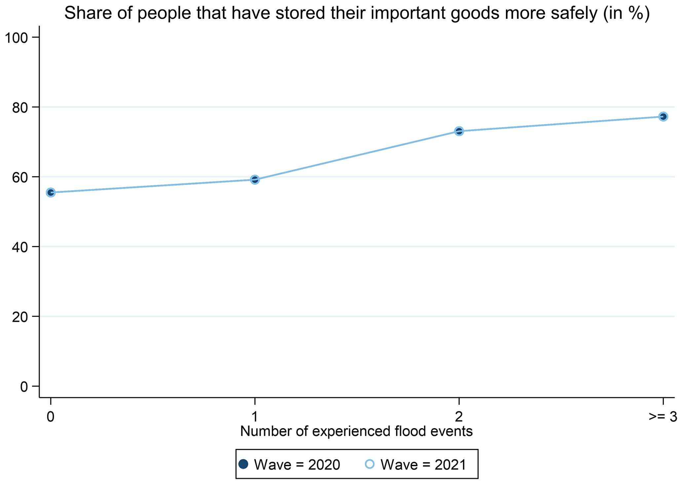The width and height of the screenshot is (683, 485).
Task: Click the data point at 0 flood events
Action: click(x=51, y=192)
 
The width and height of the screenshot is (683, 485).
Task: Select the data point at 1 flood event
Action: click(x=255, y=180)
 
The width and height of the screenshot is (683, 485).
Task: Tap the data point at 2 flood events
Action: click(x=459, y=131)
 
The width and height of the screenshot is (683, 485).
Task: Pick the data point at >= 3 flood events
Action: click(x=663, y=117)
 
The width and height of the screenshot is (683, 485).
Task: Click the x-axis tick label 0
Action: click(x=51, y=417)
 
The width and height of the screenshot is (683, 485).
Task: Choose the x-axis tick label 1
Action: click(x=255, y=417)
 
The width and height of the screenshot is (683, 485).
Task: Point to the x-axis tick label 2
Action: click(x=459, y=417)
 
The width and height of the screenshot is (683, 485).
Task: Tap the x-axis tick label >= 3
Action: click(x=664, y=417)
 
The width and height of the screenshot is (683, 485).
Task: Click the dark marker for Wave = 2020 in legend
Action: click(x=243, y=464)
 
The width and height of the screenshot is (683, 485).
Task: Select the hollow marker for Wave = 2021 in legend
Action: click(x=370, y=464)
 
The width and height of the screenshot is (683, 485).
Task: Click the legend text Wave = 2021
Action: click(x=423, y=465)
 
